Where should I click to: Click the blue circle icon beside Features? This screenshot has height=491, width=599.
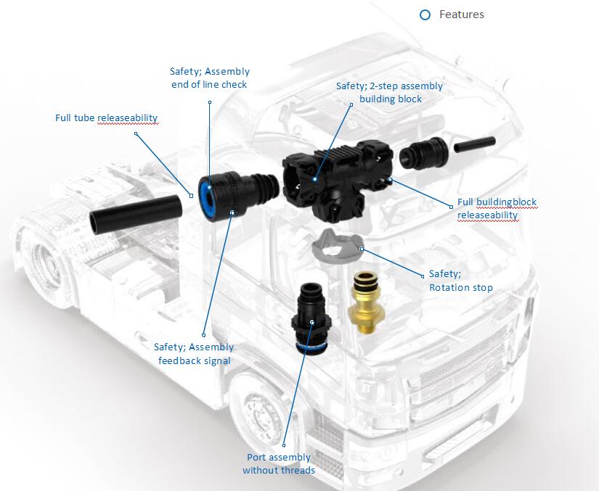coord(425,15)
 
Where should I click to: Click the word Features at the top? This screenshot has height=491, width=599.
coord(461,15)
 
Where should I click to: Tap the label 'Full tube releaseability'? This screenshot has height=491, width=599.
coord(106,117)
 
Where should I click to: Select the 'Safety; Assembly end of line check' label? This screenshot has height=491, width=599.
coord(210,78)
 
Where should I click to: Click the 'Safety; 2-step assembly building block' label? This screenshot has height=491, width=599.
coord(389,93)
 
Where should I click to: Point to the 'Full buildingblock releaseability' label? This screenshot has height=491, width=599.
coord(497,208)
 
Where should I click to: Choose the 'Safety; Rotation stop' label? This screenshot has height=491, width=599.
coord(460,281)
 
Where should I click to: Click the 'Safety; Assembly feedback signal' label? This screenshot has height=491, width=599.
coord(194,354)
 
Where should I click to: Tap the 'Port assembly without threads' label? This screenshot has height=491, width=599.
coord(279,463)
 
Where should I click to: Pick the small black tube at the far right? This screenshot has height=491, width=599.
coord(474,145)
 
